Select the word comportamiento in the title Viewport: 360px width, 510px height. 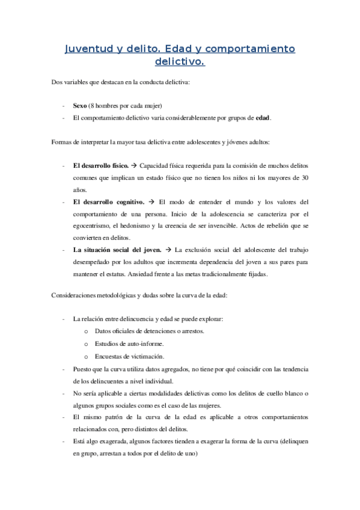coord(250,49)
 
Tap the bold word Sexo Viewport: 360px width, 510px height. coord(80,106)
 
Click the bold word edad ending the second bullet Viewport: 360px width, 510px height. coord(263,118)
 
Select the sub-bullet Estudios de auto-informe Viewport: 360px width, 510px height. coord(129,343)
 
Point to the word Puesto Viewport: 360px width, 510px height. coord(83,369)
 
